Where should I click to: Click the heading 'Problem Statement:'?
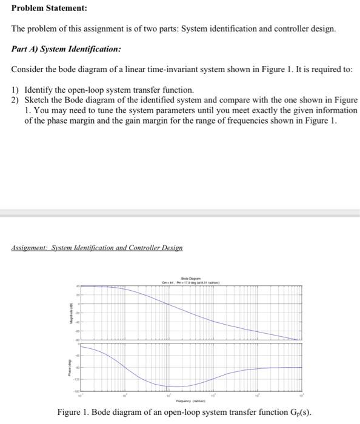coord(40,8)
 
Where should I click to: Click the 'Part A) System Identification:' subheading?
coord(66,49)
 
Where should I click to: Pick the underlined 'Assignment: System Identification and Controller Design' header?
coord(97,248)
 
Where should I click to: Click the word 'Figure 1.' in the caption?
coord(74,412)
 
